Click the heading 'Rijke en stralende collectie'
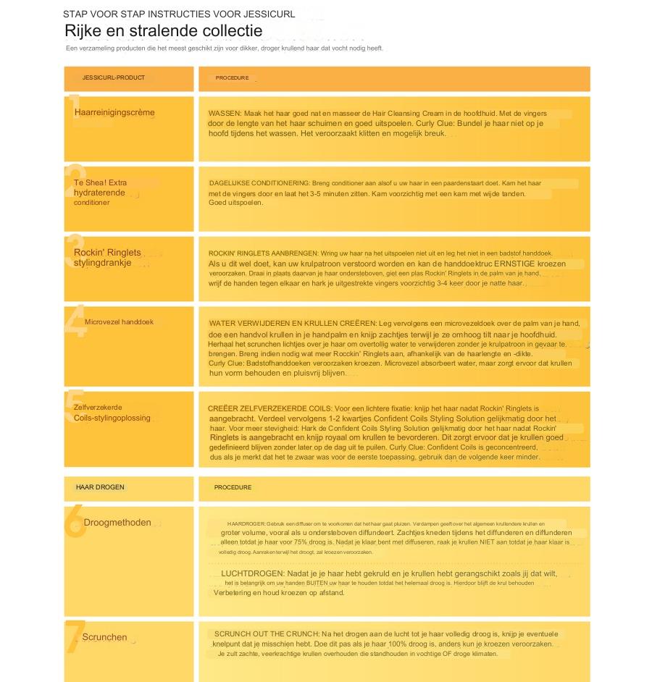click(163, 31)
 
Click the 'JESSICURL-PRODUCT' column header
click(114, 77)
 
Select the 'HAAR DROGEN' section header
click(101, 487)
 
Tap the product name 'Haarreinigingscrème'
click(114, 112)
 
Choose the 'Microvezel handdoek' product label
click(119, 322)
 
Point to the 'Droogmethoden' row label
click(117, 522)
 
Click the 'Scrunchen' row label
click(104, 637)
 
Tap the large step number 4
click(75, 322)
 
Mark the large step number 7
click(74, 637)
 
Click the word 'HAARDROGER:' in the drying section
click(246, 523)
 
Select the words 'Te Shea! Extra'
click(100, 183)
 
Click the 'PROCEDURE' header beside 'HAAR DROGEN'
click(233, 487)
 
